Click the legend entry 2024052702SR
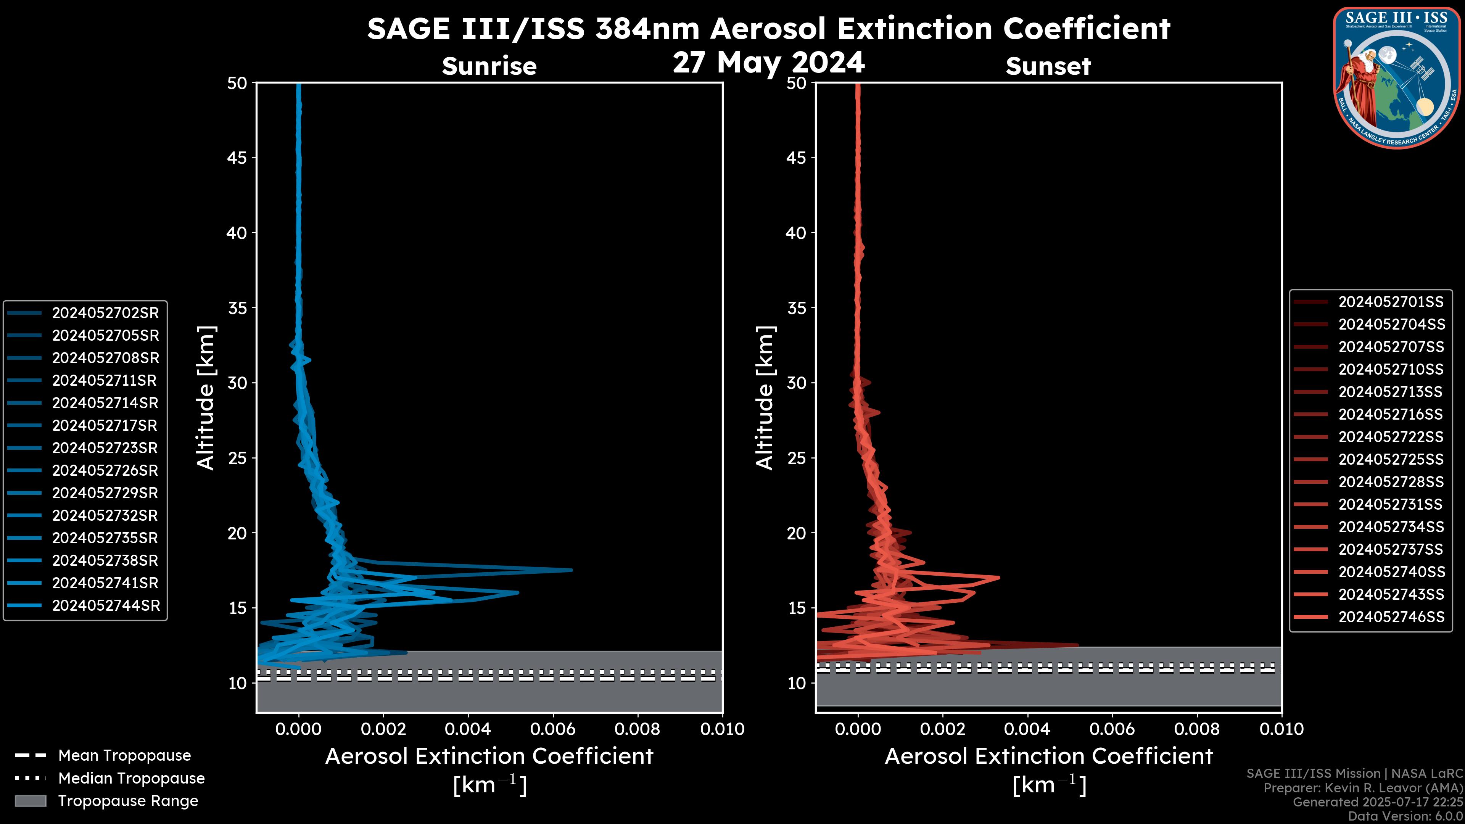[105, 313]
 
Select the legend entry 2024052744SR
[105, 606]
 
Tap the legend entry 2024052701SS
[1391, 302]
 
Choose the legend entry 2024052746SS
[1391, 617]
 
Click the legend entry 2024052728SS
[1391, 482]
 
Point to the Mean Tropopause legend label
[124, 756]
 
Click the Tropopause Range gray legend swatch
[30, 801]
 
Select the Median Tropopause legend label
[131, 779]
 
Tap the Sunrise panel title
[489, 66]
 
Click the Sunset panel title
[1048, 66]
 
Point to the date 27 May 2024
[768, 63]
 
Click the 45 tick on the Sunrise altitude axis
[237, 158]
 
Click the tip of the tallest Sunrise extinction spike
[572, 570]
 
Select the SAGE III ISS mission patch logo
[1396, 78]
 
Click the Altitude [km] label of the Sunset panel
[765, 398]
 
